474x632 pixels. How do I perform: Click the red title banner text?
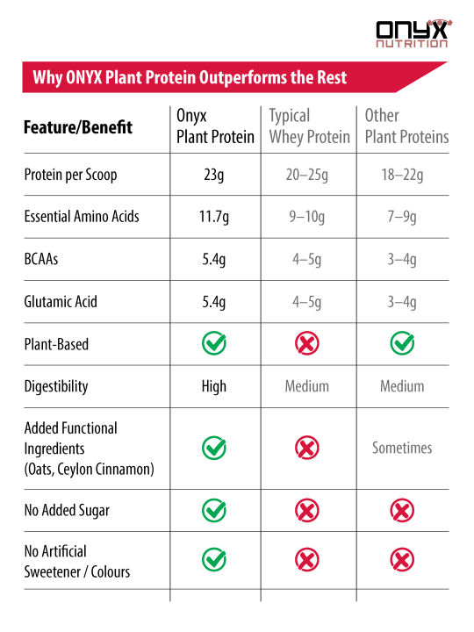coord(190,77)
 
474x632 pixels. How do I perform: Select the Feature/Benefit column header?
coord(78,127)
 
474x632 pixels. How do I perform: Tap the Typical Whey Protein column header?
coord(309,126)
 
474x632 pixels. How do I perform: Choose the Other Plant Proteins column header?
coord(406,126)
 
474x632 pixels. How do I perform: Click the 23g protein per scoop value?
coord(214,175)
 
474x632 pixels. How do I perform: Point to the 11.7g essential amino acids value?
coord(214,217)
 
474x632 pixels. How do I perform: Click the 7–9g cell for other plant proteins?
coord(402,217)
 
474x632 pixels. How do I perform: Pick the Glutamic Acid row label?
coord(61,301)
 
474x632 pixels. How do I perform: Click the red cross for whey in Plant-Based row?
coord(307,343)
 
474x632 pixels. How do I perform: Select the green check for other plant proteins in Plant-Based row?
coord(402,343)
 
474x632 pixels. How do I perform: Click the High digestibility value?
coord(214,386)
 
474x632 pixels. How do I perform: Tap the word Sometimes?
coord(402,448)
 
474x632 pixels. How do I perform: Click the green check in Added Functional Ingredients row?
coord(214,448)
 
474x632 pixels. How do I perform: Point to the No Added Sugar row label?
coord(67,510)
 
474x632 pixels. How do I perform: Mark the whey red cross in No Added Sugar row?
coord(307,510)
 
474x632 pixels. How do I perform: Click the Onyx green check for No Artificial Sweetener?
coord(214,560)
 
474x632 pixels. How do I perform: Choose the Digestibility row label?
coord(56,386)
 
